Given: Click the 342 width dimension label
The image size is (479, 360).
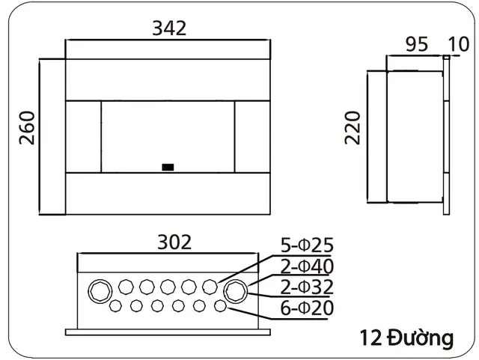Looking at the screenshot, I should (x=168, y=28).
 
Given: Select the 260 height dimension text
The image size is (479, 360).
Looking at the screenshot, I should (x=26, y=130).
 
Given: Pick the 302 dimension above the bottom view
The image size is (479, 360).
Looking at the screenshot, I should (x=174, y=242).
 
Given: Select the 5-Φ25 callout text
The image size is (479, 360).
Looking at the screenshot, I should (x=306, y=245).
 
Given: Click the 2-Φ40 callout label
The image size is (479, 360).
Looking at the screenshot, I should (x=306, y=266).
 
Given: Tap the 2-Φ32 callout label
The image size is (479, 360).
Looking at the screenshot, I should (x=306, y=287).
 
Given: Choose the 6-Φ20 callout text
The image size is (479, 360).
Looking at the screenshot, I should (x=306, y=308).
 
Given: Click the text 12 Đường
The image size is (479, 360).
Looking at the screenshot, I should (x=406, y=338).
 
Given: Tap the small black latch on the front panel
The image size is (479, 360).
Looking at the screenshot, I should (x=168, y=167).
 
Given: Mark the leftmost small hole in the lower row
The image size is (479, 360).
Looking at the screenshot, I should (x=116, y=306).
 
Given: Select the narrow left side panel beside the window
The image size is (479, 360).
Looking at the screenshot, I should (x=84, y=136).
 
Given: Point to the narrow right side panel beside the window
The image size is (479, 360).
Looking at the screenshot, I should (x=252, y=136).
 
